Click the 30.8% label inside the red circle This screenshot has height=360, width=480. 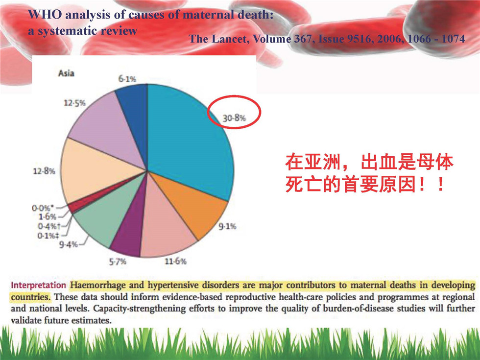coord(234,118)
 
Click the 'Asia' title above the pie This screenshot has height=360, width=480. coord(66,73)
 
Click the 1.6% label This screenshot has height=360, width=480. coord(48,216)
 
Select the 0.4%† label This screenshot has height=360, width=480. coord(49,226)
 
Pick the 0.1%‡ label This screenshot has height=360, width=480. coord(48,236)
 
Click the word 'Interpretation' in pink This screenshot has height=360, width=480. coord(38,285)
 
